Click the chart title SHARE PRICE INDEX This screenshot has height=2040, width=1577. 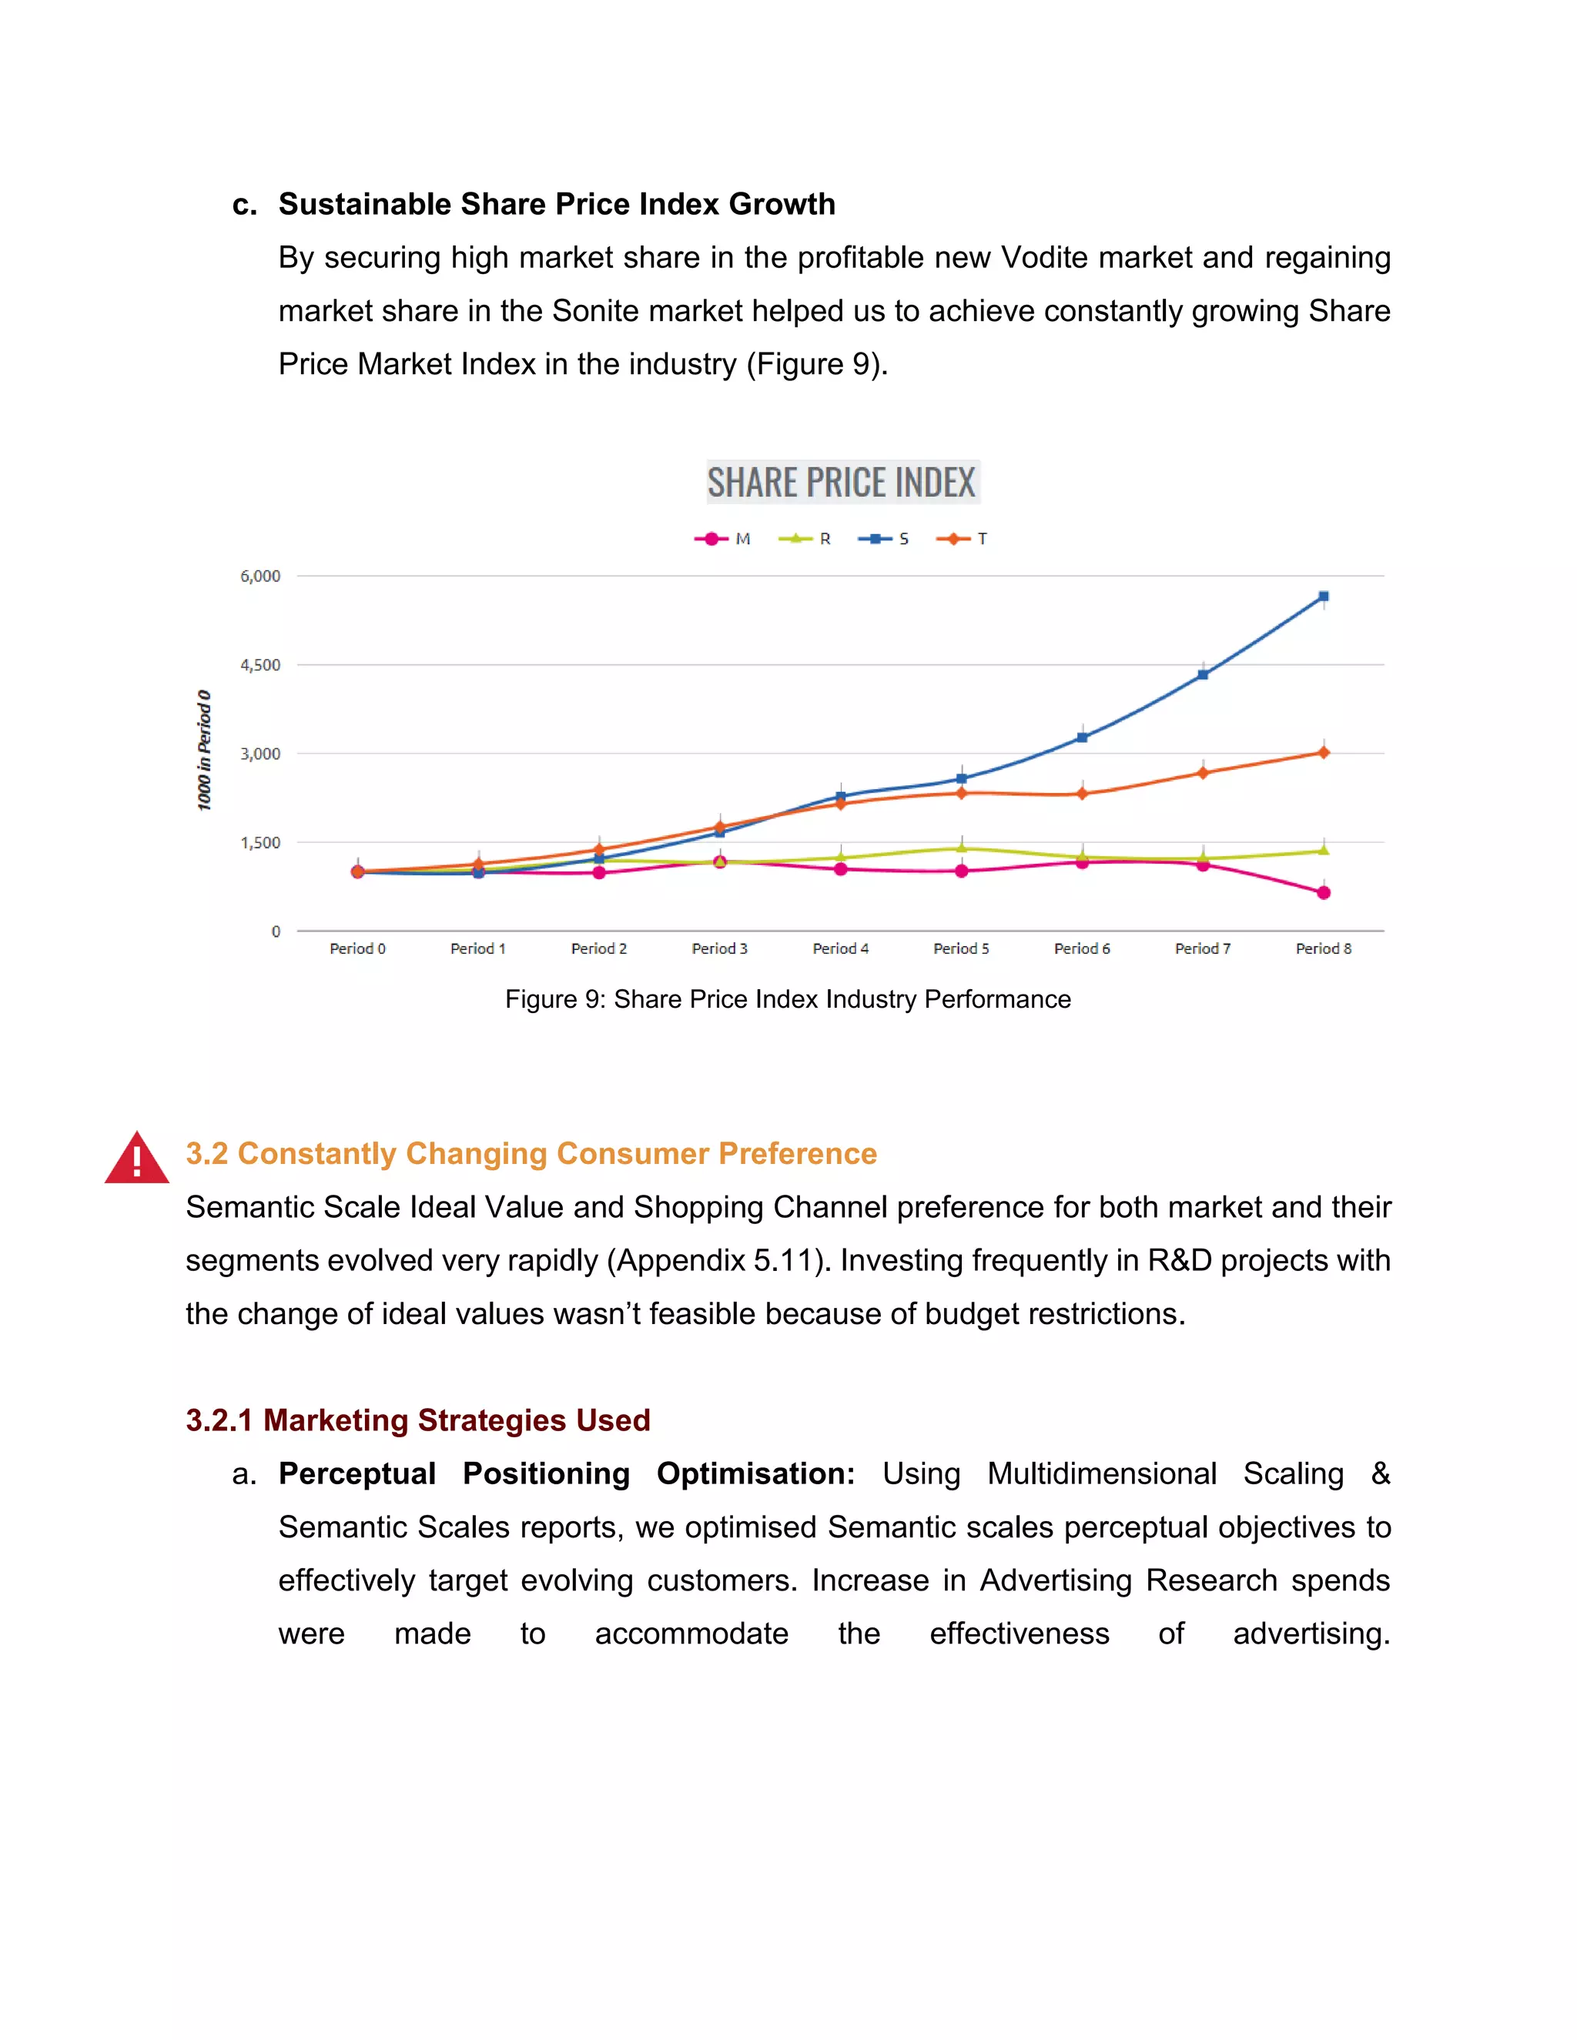(x=841, y=483)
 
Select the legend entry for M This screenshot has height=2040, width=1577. (x=724, y=539)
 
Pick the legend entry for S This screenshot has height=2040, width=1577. (x=885, y=539)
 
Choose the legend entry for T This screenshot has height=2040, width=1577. (x=963, y=539)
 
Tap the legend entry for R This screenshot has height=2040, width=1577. (x=805, y=539)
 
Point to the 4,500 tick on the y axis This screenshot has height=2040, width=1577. (x=261, y=665)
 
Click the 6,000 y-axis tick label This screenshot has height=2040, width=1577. (x=261, y=577)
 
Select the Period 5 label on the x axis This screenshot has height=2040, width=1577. (x=960, y=948)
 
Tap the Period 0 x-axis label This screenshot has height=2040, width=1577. (x=357, y=948)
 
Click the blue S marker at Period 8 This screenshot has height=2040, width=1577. (x=1323, y=596)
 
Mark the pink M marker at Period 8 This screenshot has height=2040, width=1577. (x=1323, y=893)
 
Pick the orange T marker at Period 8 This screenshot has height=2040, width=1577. (x=1323, y=752)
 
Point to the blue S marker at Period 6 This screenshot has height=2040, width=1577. (x=1082, y=738)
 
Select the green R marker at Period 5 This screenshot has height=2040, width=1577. (x=961, y=848)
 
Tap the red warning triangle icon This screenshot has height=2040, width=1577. (x=136, y=1159)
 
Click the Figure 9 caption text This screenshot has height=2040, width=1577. (x=788, y=999)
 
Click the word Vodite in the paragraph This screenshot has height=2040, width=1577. (x=1044, y=258)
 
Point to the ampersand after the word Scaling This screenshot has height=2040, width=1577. (x=1380, y=1474)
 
